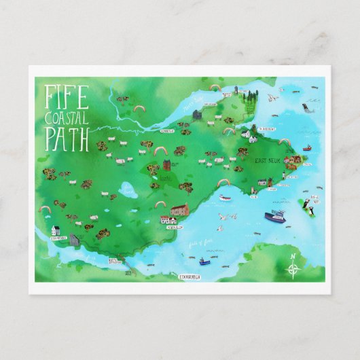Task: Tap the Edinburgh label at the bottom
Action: (192, 276)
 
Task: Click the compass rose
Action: (293, 270)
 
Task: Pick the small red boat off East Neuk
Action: (307, 147)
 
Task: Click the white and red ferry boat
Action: (226, 198)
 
